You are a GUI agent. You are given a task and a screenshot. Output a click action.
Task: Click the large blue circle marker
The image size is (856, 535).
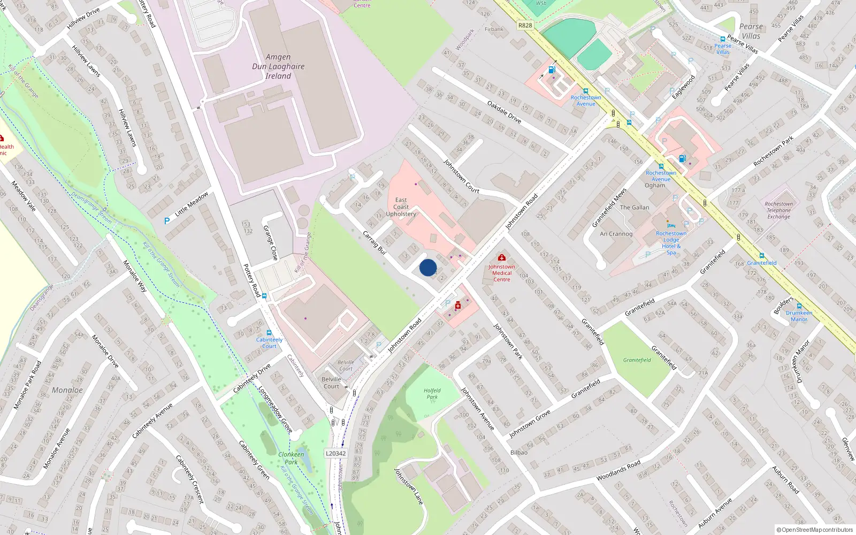427,267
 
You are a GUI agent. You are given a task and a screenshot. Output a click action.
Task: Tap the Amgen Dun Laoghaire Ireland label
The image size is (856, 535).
278,66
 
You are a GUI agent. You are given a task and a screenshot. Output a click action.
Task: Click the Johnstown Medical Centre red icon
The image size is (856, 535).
502,258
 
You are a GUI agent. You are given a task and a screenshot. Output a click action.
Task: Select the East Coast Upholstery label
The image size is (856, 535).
401,207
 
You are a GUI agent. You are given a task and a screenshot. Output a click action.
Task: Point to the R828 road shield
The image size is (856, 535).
525,25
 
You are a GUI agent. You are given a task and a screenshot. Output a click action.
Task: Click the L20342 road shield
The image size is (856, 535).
335,453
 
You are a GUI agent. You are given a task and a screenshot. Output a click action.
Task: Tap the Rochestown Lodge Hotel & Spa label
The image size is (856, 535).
671,242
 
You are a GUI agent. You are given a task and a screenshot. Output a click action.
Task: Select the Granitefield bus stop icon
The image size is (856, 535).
761,256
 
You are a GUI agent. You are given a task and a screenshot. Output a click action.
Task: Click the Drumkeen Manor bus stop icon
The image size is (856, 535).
799,306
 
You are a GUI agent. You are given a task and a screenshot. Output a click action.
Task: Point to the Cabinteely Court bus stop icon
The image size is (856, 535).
269,333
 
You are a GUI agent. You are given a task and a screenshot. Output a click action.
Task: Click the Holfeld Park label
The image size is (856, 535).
432,394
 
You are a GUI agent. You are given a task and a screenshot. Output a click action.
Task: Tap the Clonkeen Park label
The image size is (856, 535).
291,458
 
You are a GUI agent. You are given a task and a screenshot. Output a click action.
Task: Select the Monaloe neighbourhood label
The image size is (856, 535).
67,390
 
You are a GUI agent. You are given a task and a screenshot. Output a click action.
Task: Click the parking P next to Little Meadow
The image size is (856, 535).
167,220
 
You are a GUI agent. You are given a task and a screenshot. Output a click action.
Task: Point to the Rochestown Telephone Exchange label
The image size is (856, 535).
778,210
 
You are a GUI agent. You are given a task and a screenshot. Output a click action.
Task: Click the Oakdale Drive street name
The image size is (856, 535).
504,111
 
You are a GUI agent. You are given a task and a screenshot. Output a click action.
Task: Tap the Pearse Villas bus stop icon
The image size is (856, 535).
723,39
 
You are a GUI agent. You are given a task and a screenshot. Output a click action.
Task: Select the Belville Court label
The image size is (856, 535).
332,383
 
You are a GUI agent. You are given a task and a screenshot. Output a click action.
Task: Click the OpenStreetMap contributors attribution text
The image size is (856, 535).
815,530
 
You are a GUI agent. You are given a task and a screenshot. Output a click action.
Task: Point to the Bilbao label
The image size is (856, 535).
518,453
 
